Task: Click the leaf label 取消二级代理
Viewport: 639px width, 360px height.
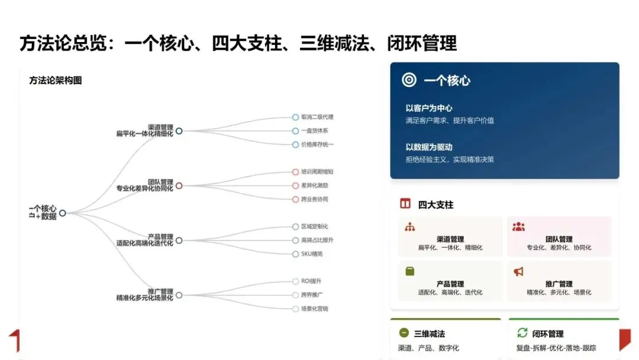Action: [317, 117]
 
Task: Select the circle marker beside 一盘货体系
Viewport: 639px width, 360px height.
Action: [296, 131]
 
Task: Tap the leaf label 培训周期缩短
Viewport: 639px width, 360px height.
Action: [317, 172]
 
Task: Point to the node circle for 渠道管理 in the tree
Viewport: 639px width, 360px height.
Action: [179, 131]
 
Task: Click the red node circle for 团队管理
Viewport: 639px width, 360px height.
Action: [179, 185]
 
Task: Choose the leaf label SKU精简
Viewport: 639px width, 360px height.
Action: [312, 254]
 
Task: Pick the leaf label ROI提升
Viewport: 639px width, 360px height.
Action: [311, 281]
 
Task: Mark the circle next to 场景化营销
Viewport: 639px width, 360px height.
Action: [296, 308]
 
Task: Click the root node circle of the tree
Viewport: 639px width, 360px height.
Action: [62, 213]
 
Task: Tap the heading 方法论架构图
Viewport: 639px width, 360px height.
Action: [56, 81]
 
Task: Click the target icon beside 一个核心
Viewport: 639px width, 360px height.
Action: [409, 80]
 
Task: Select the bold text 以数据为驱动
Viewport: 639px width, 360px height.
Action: [429, 147]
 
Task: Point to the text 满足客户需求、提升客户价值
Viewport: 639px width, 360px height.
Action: [450, 121]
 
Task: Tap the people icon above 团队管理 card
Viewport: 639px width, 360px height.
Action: [518, 227]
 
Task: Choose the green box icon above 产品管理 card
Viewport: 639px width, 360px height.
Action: [410, 271]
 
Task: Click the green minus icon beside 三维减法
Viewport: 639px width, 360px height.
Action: [404, 333]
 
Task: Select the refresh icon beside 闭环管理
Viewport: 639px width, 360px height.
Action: [522, 333]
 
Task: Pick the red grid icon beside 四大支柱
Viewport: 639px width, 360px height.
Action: [405, 204]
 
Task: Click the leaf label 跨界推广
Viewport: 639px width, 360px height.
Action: [312, 295]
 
